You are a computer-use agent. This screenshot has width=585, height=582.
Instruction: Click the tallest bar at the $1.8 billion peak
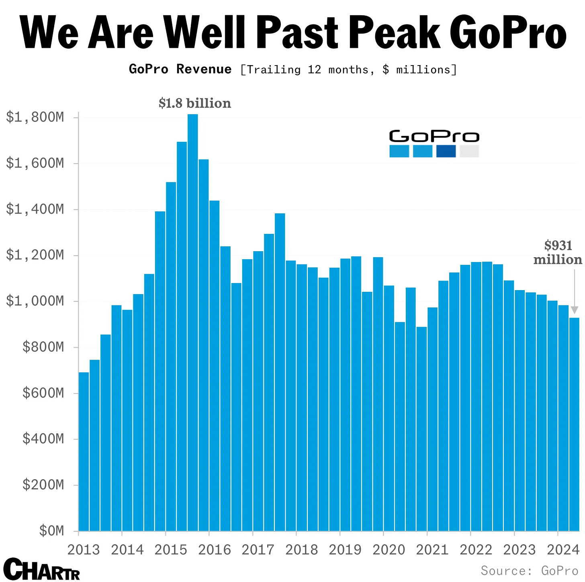[193, 322]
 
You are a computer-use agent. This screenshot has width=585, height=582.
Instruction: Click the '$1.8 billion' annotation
[195, 103]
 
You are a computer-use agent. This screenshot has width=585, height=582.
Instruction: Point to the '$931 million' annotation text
[558, 252]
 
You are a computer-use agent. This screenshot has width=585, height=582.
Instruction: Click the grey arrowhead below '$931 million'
[575, 309]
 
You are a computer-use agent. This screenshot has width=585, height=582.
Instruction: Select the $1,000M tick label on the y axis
[35, 301]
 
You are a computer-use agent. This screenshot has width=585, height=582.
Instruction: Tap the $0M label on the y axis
[51, 531]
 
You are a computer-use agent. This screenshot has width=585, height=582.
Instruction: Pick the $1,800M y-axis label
[35, 117]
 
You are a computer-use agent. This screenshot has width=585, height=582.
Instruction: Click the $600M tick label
[43, 393]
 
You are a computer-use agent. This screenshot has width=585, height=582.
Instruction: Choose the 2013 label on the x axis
[84, 549]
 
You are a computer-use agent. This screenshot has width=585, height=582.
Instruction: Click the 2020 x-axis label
[389, 549]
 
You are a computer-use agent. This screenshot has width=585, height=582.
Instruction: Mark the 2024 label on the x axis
[563, 549]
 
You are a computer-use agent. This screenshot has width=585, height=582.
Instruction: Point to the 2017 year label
[258, 549]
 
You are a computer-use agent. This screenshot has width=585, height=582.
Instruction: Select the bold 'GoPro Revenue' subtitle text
[180, 69]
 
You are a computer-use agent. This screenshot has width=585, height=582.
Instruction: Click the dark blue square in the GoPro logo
[446, 151]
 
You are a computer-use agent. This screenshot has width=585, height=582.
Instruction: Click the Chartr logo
[41, 569]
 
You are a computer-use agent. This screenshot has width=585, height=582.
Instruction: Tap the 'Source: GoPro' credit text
[529, 571]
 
